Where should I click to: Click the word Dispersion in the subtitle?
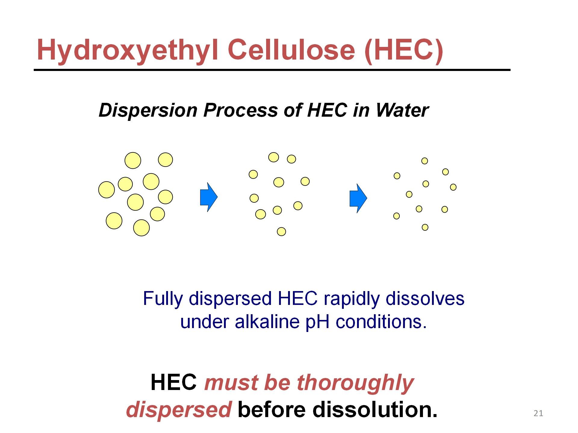[x=148, y=111]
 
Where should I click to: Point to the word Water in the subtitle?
[x=402, y=110]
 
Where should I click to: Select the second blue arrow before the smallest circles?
[x=358, y=198]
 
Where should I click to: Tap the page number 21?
[x=538, y=413]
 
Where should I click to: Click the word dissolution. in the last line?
[x=375, y=410]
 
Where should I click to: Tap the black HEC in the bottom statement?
[x=174, y=382]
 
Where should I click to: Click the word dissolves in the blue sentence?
[x=425, y=299]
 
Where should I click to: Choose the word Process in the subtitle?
[x=241, y=110]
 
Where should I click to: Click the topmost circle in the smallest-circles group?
[x=424, y=161]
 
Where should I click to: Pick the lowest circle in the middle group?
[x=281, y=232]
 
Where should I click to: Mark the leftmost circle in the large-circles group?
[x=107, y=190]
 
